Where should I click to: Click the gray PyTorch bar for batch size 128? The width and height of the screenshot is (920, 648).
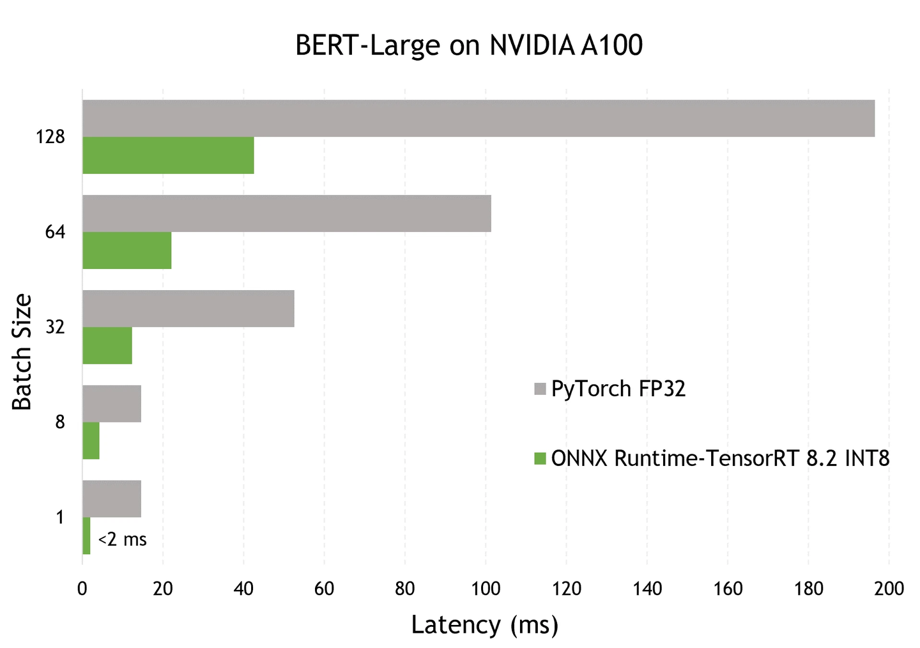478,118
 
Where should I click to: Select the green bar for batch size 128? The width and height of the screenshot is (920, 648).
168,155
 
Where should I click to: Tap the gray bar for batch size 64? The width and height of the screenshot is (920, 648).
286,213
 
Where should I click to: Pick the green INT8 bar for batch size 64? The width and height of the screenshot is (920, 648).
126,251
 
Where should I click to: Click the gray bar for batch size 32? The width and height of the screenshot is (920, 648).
188,309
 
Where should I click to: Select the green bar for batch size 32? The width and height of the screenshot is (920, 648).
107,346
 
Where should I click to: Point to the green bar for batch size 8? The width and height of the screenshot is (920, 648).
91,441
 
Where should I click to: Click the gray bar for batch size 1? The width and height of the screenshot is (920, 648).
111,498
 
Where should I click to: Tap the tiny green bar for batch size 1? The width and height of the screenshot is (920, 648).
86,536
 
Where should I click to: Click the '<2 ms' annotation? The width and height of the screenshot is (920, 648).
123,540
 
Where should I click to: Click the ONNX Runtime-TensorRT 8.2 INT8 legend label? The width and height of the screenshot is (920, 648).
719,459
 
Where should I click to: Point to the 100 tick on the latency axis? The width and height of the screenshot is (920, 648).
486,589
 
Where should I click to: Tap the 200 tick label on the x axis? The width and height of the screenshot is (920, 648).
889,589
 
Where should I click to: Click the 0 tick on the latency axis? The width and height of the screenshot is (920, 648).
82,589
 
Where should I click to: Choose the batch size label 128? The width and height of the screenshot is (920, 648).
50,137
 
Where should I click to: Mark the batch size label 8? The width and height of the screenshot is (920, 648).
60,422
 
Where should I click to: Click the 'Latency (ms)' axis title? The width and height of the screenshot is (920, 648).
484,624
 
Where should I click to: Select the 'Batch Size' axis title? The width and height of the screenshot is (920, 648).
22,351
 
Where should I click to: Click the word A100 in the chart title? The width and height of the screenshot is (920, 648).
611,46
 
